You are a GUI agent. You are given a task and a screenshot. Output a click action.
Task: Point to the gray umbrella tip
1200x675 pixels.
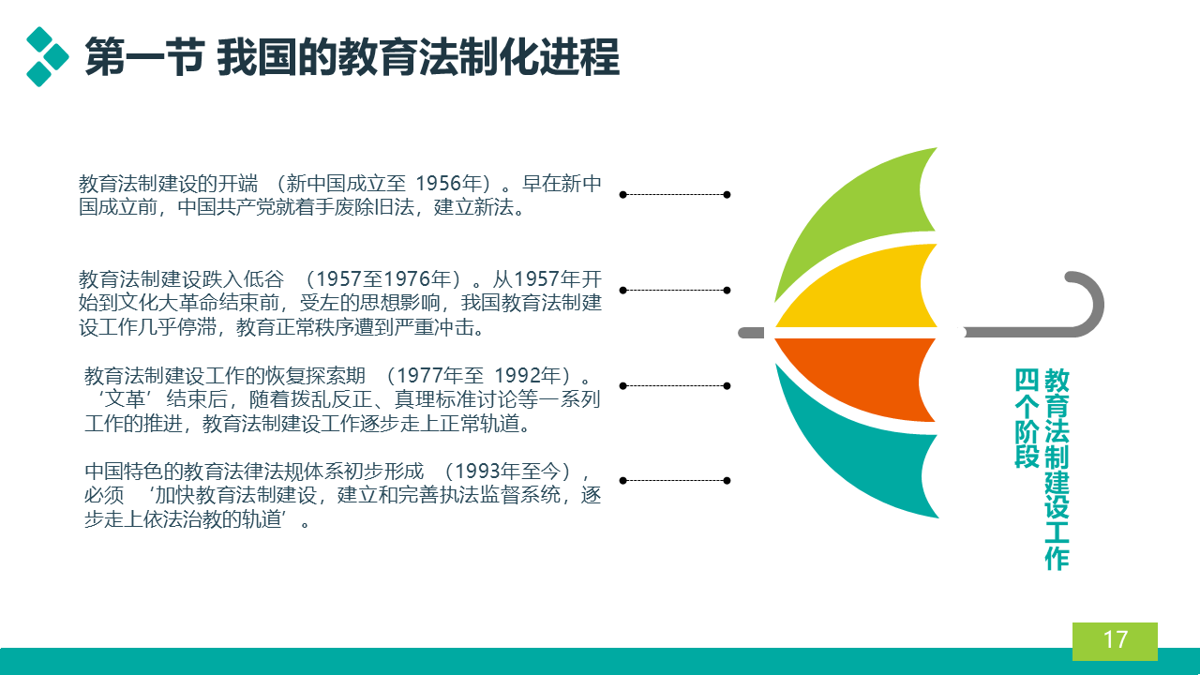[x=751, y=333]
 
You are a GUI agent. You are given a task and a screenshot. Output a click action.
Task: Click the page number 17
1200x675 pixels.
[x=1116, y=639]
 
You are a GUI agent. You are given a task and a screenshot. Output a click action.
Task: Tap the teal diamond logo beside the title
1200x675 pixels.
[x=47, y=56]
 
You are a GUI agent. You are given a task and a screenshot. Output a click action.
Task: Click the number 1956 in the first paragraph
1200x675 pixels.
[x=438, y=184]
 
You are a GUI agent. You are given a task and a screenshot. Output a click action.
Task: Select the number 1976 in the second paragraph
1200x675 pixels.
[x=407, y=279]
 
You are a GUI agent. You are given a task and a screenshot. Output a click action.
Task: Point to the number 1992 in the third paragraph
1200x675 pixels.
[x=517, y=376]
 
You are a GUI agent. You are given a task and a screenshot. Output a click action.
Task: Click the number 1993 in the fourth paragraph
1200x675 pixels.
[x=478, y=472]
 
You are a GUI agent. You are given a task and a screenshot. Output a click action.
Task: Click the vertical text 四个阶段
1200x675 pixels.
[x=1027, y=418]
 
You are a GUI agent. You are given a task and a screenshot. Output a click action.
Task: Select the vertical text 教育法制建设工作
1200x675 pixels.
[x=1057, y=470]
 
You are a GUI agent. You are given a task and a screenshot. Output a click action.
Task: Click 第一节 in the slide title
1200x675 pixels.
[x=143, y=57]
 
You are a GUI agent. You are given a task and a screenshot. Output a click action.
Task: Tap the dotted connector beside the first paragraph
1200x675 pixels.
[x=675, y=194]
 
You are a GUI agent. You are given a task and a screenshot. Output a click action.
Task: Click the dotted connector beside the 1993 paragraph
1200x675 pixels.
[x=675, y=481]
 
